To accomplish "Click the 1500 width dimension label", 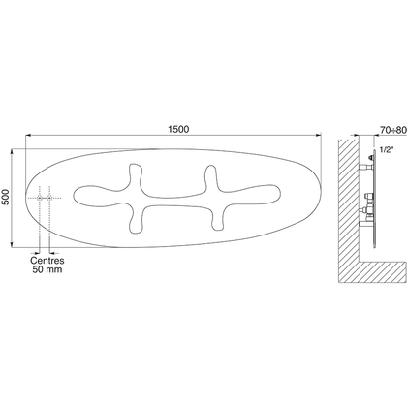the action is [x=178, y=129].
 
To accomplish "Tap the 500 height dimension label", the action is [x=6, y=197].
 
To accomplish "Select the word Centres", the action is [x=47, y=261].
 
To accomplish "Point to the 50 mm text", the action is [x=47, y=269].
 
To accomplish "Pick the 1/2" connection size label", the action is [x=386, y=150].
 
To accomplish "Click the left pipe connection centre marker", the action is [x=39, y=198].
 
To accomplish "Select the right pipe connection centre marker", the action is [x=49, y=198].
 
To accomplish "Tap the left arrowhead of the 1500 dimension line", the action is [x=28, y=135].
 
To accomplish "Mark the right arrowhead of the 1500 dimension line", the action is [x=319, y=135].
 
